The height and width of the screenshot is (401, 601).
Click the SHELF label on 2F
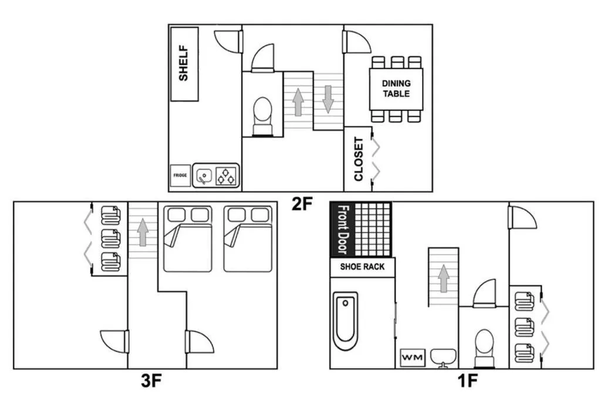tap(184, 63)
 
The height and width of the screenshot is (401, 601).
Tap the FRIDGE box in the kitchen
tap(180, 176)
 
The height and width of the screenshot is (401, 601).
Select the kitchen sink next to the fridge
tap(204, 176)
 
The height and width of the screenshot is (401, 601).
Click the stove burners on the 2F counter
tap(226, 176)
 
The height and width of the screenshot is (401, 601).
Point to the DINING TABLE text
tap(396, 89)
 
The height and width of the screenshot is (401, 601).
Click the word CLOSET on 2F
tap(359, 159)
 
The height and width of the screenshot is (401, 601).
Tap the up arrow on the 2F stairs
tap(298, 102)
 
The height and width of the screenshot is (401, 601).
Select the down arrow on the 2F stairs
tap(328, 99)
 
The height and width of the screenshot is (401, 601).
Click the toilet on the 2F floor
tap(262, 116)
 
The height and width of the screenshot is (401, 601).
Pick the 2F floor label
tap(302, 204)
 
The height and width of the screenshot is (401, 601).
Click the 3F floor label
tap(151, 380)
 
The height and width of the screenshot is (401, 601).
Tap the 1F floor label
tap(467, 380)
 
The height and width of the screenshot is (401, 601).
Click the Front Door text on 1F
tap(343, 229)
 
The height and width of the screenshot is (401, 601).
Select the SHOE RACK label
tap(362, 267)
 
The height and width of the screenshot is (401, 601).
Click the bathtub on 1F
tap(345, 321)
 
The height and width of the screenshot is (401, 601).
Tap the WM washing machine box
tap(413, 358)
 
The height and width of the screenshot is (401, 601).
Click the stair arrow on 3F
tap(143, 232)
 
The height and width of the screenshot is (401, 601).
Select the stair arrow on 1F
tap(444, 278)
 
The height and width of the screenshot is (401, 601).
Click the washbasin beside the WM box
tap(444, 358)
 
